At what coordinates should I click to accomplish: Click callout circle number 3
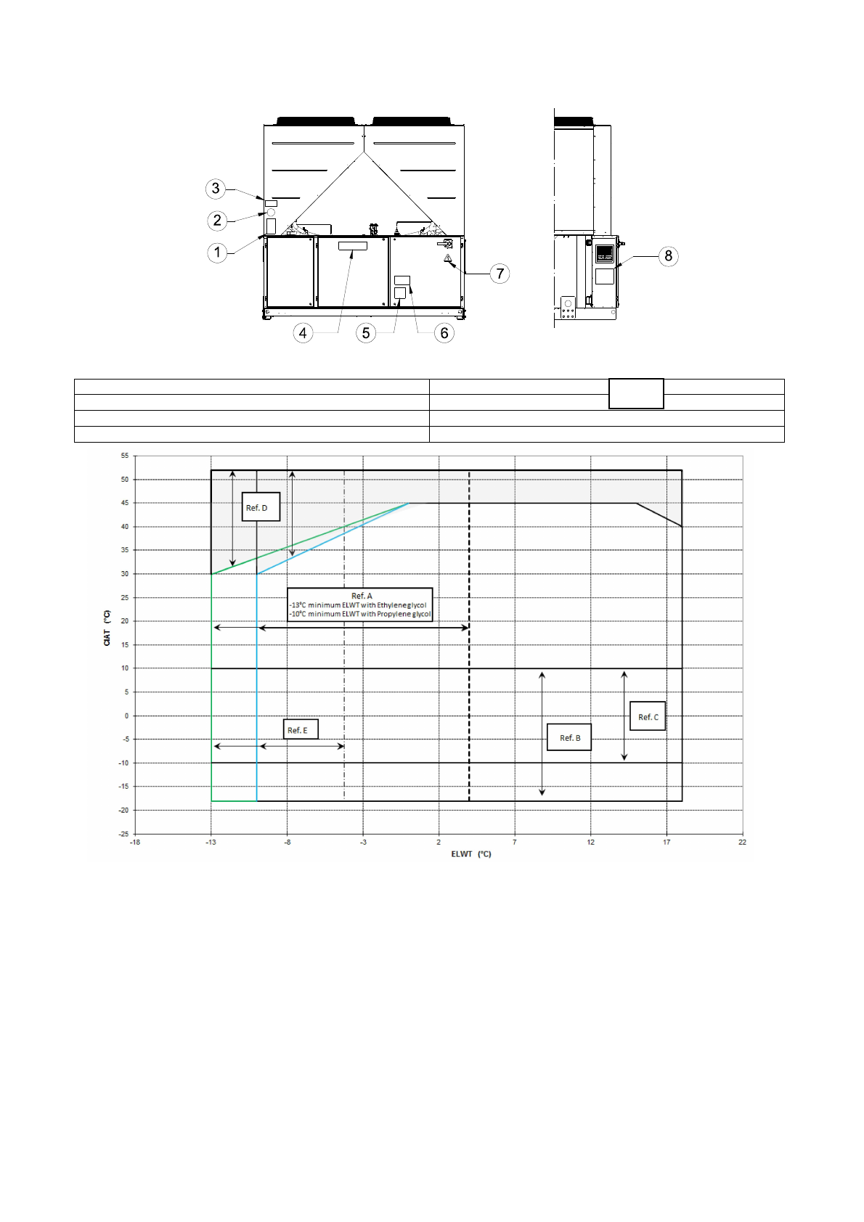click(216, 189)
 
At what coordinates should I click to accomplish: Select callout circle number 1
click(217, 253)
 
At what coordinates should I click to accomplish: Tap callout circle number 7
click(500, 274)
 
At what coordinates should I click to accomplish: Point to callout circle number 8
click(668, 256)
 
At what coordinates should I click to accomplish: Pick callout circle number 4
click(303, 333)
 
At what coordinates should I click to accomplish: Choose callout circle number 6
click(444, 333)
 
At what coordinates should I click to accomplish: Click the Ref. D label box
click(261, 507)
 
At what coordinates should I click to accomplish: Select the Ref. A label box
click(360, 604)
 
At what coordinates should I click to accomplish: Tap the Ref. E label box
click(301, 729)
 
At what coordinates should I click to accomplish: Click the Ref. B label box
click(569, 737)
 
